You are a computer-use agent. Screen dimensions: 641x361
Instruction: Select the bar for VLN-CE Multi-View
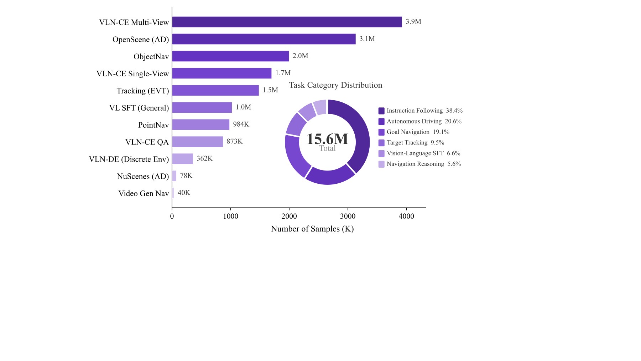pyautogui.click(x=287, y=22)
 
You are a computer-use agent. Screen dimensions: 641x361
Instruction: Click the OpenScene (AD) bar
pyautogui.click(x=264, y=39)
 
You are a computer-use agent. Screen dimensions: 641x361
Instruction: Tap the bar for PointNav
pyautogui.click(x=201, y=124)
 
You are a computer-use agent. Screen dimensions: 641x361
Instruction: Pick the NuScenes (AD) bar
pyautogui.click(x=174, y=176)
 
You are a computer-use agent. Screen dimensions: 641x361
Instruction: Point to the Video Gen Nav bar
pyautogui.click(x=173, y=193)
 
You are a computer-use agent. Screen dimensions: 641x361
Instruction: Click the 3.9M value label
pyautogui.click(x=413, y=22)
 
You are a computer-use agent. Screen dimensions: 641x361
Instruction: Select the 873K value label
pyautogui.click(x=235, y=142)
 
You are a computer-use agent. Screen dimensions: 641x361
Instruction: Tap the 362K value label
pyautogui.click(x=205, y=159)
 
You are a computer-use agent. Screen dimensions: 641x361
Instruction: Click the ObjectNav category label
pyautogui.click(x=151, y=57)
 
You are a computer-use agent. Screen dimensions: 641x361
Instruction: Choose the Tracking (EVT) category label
pyautogui.click(x=143, y=91)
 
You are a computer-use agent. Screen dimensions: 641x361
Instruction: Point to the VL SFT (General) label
pyautogui.click(x=139, y=108)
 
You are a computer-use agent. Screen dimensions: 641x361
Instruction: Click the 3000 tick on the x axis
pyautogui.click(x=348, y=216)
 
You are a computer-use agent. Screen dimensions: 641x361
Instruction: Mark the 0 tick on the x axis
pyautogui.click(x=172, y=216)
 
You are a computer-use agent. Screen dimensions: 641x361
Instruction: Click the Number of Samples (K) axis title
pyautogui.click(x=312, y=229)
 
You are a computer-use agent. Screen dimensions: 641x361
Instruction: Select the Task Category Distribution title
pyautogui.click(x=335, y=85)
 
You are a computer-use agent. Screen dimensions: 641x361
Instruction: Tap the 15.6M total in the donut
pyautogui.click(x=327, y=139)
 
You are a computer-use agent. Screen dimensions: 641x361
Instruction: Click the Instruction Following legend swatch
pyautogui.click(x=381, y=111)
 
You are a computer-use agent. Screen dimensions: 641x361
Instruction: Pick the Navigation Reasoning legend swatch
pyautogui.click(x=381, y=164)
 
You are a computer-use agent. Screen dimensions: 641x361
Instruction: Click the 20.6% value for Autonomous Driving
pyautogui.click(x=453, y=122)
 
